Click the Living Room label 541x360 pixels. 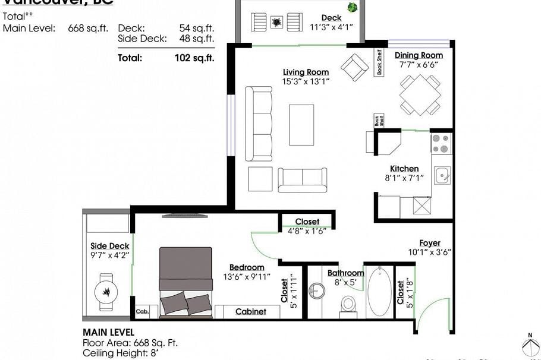(x=306, y=72)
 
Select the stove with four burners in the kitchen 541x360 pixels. (x=441, y=143)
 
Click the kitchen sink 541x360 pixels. (x=442, y=175)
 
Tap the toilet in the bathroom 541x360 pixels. (x=348, y=304)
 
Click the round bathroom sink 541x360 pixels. (x=317, y=292)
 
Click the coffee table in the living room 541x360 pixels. (x=301, y=125)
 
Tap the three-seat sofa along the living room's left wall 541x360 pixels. (x=259, y=124)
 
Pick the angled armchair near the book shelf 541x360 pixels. (x=354, y=67)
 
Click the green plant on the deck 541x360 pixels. (x=353, y=8)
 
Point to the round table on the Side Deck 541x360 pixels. (x=106, y=292)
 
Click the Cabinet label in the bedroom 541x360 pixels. (x=250, y=312)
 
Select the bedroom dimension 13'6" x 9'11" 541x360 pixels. (x=247, y=276)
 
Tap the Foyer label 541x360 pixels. (x=430, y=243)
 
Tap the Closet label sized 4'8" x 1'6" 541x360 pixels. (x=307, y=222)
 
